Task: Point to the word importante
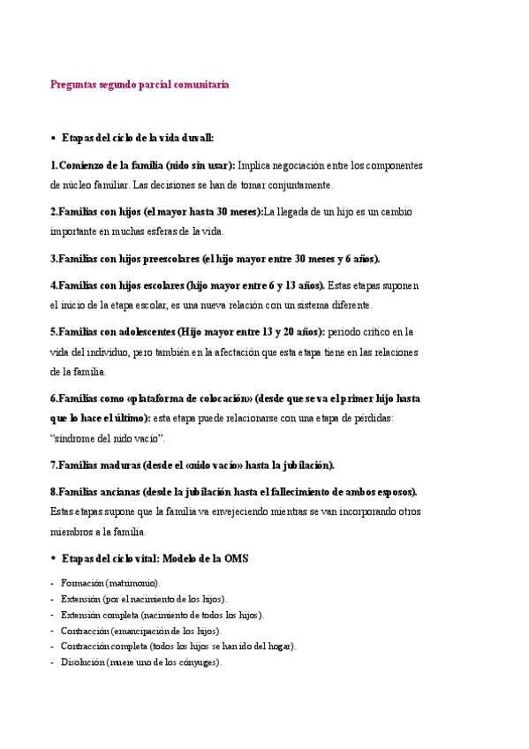[75, 231]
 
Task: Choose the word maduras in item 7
[120, 465]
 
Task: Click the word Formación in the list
[82, 584]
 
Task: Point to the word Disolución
[82, 662]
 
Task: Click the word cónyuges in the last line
[200, 662]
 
